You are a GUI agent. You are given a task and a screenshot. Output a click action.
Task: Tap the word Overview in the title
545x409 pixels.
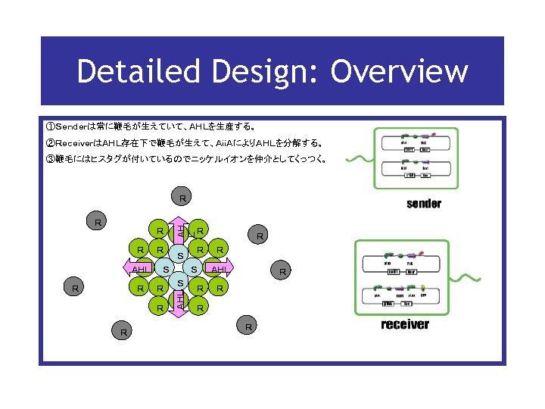click(400, 72)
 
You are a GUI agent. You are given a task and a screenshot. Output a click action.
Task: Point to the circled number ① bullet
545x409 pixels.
click(49, 126)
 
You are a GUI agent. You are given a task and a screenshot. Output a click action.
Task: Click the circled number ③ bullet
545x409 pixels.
click(49, 159)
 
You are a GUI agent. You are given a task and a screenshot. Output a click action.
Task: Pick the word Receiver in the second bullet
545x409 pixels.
click(74, 143)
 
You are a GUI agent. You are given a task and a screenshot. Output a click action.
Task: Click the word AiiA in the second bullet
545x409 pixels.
click(226, 143)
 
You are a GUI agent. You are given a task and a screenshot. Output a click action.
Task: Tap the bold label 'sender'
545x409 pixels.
click(424, 203)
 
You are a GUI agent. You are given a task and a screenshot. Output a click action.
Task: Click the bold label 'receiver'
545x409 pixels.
click(405, 324)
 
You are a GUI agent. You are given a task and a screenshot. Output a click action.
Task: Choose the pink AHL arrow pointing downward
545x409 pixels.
click(179, 303)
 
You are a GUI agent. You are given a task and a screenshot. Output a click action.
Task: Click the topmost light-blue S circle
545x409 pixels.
click(180, 254)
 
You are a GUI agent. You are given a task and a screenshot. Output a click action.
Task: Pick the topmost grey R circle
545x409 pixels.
click(182, 198)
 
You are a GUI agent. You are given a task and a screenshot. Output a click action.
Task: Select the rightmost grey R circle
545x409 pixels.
click(282, 270)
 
